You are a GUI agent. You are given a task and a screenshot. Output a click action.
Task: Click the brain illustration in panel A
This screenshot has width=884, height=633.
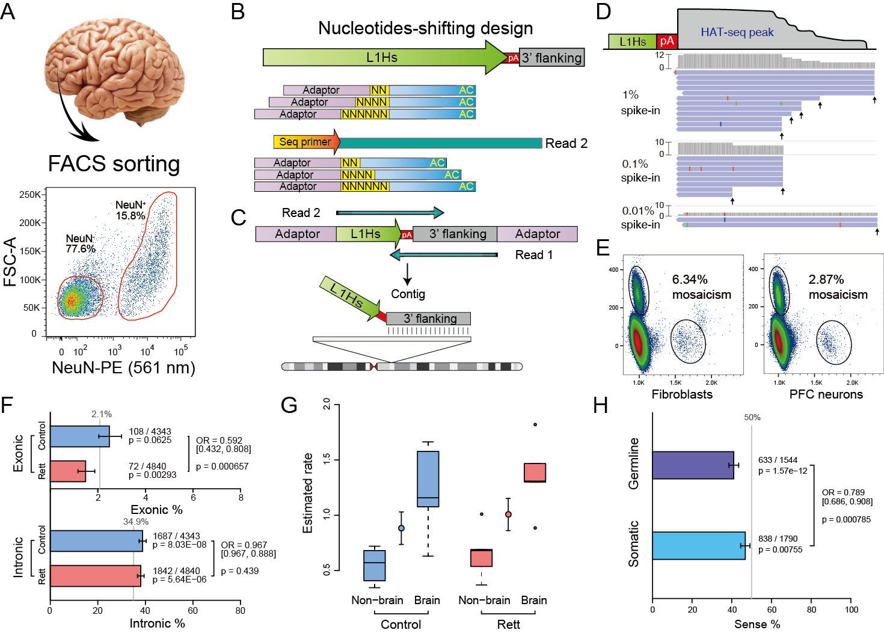point(114,69)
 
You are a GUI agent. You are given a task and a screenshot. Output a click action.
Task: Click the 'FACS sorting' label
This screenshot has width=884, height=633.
point(114,164)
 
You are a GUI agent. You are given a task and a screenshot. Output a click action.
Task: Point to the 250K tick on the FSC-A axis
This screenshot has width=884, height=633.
point(29,195)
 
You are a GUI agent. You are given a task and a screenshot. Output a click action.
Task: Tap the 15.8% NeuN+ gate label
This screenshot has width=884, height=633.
point(130,210)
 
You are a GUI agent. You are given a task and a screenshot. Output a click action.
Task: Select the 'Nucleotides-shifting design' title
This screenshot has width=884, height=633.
point(425,28)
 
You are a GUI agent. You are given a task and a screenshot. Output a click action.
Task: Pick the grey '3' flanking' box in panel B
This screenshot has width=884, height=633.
point(551,58)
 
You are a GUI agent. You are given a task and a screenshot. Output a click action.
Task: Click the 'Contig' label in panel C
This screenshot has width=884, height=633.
point(408,294)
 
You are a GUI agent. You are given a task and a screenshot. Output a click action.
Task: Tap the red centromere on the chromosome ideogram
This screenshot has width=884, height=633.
point(374,366)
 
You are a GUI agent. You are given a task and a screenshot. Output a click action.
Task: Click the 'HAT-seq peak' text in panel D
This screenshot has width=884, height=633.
point(737,32)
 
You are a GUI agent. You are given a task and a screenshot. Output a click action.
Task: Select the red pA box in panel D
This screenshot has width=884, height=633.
point(666,41)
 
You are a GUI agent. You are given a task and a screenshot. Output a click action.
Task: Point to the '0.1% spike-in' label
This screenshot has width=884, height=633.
point(640,171)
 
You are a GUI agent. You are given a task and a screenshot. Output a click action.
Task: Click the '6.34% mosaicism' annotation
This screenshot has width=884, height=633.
point(701,287)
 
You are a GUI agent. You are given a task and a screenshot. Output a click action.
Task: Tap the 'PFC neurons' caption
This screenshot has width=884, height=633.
point(826,394)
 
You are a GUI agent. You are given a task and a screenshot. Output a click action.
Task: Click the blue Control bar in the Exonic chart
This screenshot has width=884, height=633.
point(79,436)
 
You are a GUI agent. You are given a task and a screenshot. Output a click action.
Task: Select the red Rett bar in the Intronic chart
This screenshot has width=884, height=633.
point(95,575)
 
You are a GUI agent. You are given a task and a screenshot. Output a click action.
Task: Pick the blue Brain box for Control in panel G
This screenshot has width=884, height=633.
point(428,479)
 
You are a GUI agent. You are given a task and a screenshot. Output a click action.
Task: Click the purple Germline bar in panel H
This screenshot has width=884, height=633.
point(693,465)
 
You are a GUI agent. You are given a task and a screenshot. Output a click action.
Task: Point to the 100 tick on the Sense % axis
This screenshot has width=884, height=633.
point(851,610)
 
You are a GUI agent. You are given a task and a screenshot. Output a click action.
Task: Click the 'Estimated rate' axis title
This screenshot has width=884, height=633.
point(308,493)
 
